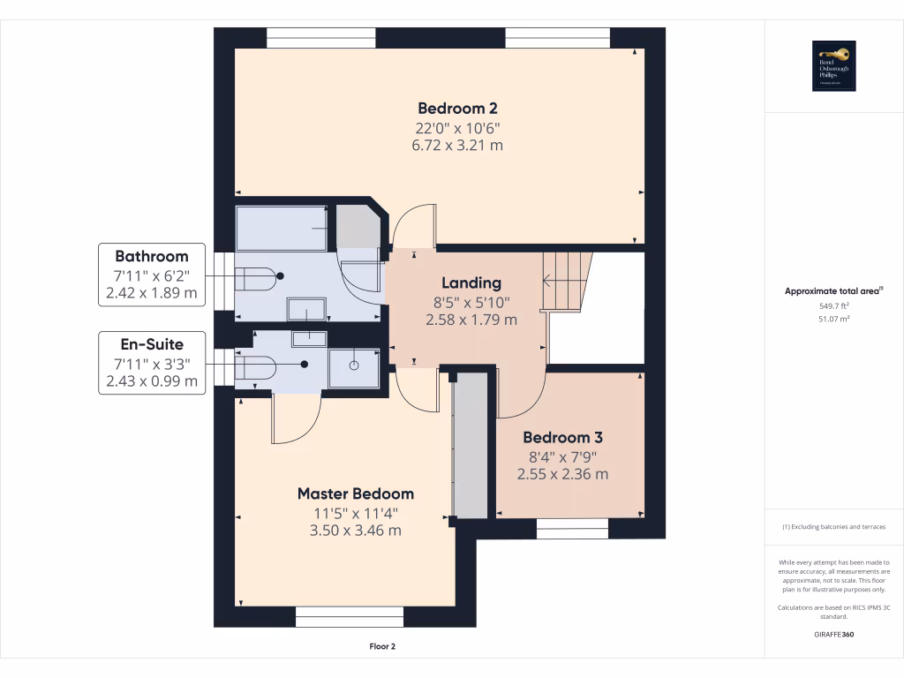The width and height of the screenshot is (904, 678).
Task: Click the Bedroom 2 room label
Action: click(457, 109)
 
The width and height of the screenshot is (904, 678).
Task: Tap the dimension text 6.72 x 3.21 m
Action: click(457, 145)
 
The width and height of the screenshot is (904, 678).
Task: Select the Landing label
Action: click(471, 283)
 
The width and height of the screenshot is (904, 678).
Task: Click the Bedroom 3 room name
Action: click(562, 438)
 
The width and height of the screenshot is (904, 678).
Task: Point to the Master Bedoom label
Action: click(355, 493)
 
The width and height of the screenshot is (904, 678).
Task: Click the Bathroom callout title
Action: click(151, 257)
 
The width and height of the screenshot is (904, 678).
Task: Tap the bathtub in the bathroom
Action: click(282, 229)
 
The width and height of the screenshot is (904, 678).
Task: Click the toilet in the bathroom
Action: click(257, 276)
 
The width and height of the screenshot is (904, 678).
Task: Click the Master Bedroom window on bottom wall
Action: click(349, 616)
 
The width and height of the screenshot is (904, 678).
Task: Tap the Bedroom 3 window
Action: click(572, 528)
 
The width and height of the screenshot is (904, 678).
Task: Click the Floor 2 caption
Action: click(382, 646)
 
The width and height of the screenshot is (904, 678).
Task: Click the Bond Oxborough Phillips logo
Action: click(834, 66)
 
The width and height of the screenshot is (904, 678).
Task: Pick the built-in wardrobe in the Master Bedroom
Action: click(471, 446)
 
